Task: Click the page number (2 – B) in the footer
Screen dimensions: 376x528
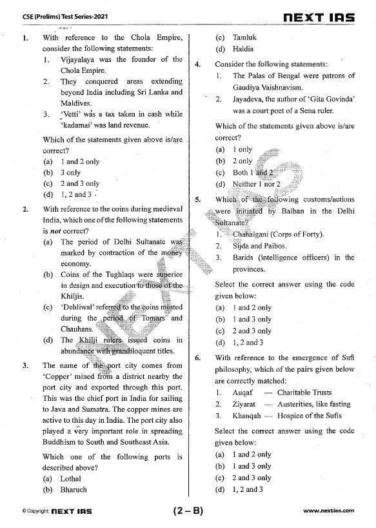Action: [188, 511]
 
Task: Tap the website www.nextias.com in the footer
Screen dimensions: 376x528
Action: [328, 511]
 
